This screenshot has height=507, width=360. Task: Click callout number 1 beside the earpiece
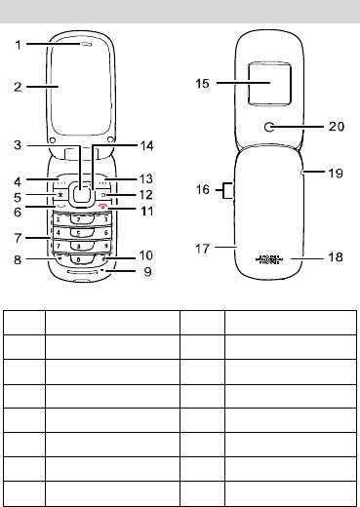tap(19, 45)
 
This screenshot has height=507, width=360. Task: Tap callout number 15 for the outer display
tap(202, 83)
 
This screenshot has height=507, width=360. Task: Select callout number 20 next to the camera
tap(337, 126)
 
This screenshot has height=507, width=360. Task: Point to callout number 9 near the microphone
tap(147, 271)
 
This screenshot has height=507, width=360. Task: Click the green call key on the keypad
tap(60, 206)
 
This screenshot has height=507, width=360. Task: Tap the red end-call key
tap(103, 207)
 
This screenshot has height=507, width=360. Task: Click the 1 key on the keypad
tap(59, 219)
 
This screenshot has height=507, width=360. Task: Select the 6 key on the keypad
tap(106, 233)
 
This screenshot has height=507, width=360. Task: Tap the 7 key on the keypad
tap(59, 246)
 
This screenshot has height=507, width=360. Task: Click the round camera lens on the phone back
tap(269, 127)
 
